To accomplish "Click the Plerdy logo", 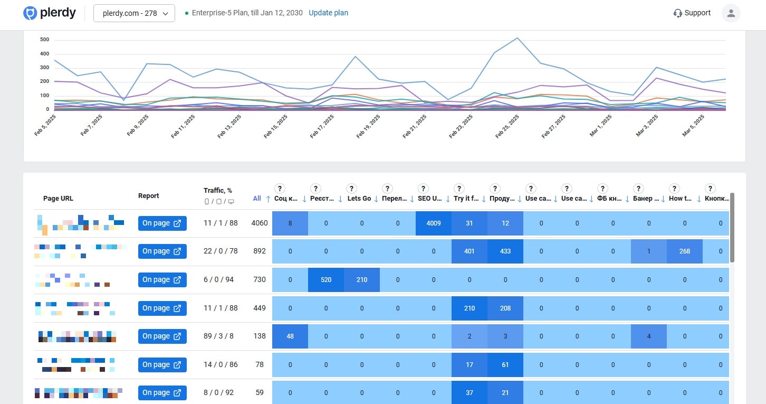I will pos(50,13).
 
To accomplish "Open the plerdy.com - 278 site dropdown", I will pos(134,13).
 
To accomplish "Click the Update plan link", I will pos(328,13).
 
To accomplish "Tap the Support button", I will pos(692,13).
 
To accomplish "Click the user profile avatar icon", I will pos(731,13).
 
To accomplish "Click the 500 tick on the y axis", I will pos(44,40).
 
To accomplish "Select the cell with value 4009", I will pos(434,223).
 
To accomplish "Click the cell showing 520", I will pos(326,280).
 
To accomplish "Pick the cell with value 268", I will pos(685,251).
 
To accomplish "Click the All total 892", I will pos(260,251).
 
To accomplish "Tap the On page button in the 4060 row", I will pos(162,223).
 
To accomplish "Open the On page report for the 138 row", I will pos(162,336).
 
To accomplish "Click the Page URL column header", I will pos(58,199).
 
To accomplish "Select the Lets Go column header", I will pos(359,199).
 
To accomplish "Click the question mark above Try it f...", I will pos(459,189).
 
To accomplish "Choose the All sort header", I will pos(257,199).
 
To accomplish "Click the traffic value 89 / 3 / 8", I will pos(218,336).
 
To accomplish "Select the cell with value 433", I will pos(505,251).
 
